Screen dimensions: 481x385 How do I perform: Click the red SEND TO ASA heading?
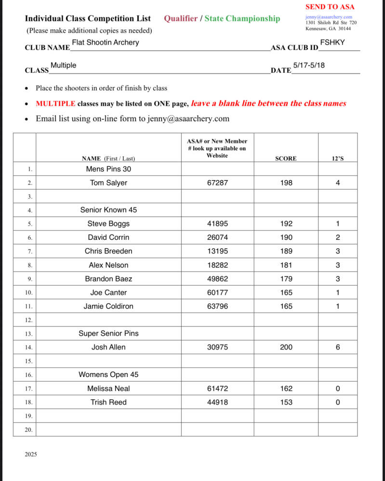330,7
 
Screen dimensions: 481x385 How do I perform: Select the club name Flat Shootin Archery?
105,42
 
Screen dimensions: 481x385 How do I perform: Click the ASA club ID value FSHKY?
332,42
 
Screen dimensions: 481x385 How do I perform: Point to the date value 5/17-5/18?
308,65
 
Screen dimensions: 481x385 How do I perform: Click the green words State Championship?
242,19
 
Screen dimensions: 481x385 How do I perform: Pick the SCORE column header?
286,158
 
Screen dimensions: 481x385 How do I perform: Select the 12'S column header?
338,158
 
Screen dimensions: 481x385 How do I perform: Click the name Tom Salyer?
108,183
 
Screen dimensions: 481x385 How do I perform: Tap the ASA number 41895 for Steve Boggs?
217,224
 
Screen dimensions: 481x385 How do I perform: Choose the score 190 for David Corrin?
286,237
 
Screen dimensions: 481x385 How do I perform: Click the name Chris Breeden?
108,251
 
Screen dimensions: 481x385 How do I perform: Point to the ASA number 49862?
217,279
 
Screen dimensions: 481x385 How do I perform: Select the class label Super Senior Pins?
108,333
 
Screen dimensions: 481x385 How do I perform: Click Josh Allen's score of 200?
286,347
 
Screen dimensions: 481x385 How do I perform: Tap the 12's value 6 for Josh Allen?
338,347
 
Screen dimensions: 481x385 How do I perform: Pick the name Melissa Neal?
108,389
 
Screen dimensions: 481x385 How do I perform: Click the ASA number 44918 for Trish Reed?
217,402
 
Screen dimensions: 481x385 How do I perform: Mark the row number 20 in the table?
29,429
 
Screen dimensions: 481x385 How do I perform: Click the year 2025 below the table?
30,455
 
